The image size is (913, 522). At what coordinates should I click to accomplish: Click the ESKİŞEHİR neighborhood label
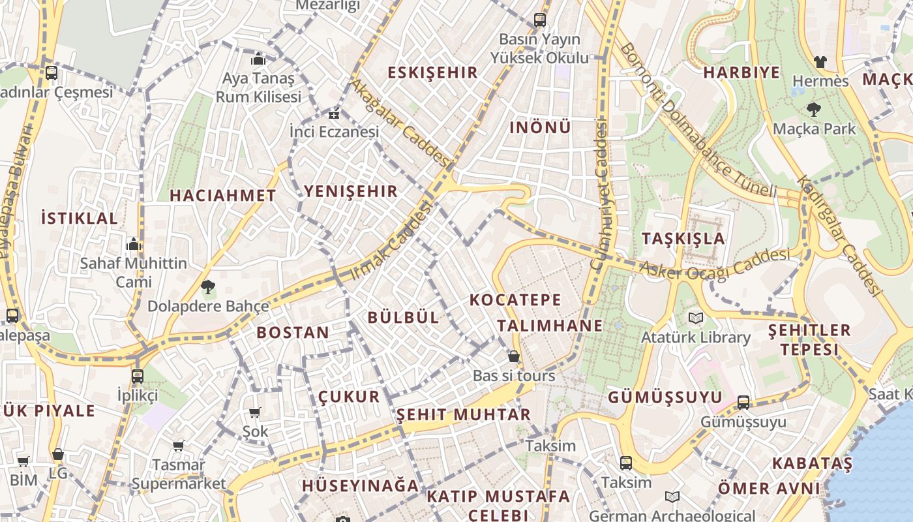point(433,72)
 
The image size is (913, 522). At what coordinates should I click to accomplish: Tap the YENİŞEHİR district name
point(350,191)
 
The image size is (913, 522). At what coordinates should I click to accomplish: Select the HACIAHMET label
point(223,195)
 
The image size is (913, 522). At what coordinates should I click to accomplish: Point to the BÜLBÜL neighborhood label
point(404,318)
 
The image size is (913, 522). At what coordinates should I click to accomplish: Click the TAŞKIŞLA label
point(683,239)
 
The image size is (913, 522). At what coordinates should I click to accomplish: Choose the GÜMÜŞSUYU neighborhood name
point(665,397)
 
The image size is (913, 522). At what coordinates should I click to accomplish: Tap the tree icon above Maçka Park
point(813,109)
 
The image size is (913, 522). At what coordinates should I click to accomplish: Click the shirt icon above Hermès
point(820,62)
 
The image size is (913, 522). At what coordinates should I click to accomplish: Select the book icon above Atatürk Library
point(696,318)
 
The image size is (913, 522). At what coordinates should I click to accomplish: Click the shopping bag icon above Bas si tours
point(514,356)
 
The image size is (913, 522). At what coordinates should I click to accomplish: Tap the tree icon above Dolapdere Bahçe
point(208,286)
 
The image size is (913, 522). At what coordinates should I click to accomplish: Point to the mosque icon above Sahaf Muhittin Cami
point(134,245)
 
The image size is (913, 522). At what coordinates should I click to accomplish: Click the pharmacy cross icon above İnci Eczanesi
point(334,115)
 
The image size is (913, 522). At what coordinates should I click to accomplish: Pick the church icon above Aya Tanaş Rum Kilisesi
point(258,59)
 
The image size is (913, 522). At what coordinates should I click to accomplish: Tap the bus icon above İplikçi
point(137,376)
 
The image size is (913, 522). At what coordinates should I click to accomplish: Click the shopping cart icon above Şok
point(255,412)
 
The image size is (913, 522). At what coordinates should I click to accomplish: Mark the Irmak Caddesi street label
point(392,241)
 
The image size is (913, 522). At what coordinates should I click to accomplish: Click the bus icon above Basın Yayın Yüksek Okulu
point(539,20)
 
